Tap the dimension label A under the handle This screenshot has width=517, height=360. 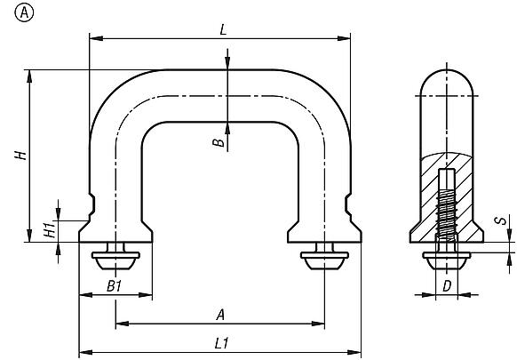(219, 314)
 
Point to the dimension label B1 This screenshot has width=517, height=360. (114, 285)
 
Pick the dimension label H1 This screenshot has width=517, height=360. (47, 229)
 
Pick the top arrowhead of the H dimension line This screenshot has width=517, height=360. (31, 75)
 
